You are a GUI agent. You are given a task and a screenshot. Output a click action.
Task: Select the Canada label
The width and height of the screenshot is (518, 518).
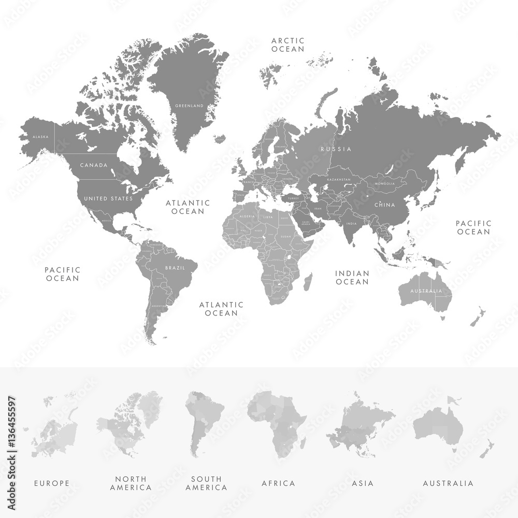click(x=94, y=165)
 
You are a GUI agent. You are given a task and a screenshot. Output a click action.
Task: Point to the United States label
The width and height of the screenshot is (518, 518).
click(x=108, y=198)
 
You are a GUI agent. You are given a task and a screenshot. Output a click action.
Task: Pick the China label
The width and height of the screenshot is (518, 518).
click(x=385, y=205)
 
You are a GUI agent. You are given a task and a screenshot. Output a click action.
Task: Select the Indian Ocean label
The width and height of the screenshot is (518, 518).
click(x=352, y=277)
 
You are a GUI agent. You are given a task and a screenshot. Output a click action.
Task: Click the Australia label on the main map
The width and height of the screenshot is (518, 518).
click(x=426, y=291)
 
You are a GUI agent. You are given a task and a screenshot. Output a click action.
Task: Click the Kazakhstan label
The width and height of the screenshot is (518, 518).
click(x=338, y=179)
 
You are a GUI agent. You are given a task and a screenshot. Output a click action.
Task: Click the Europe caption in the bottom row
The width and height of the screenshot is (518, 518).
click(x=52, y=483)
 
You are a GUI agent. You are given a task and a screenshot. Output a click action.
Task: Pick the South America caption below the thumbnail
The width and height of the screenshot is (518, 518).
click(x=206, y=483)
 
